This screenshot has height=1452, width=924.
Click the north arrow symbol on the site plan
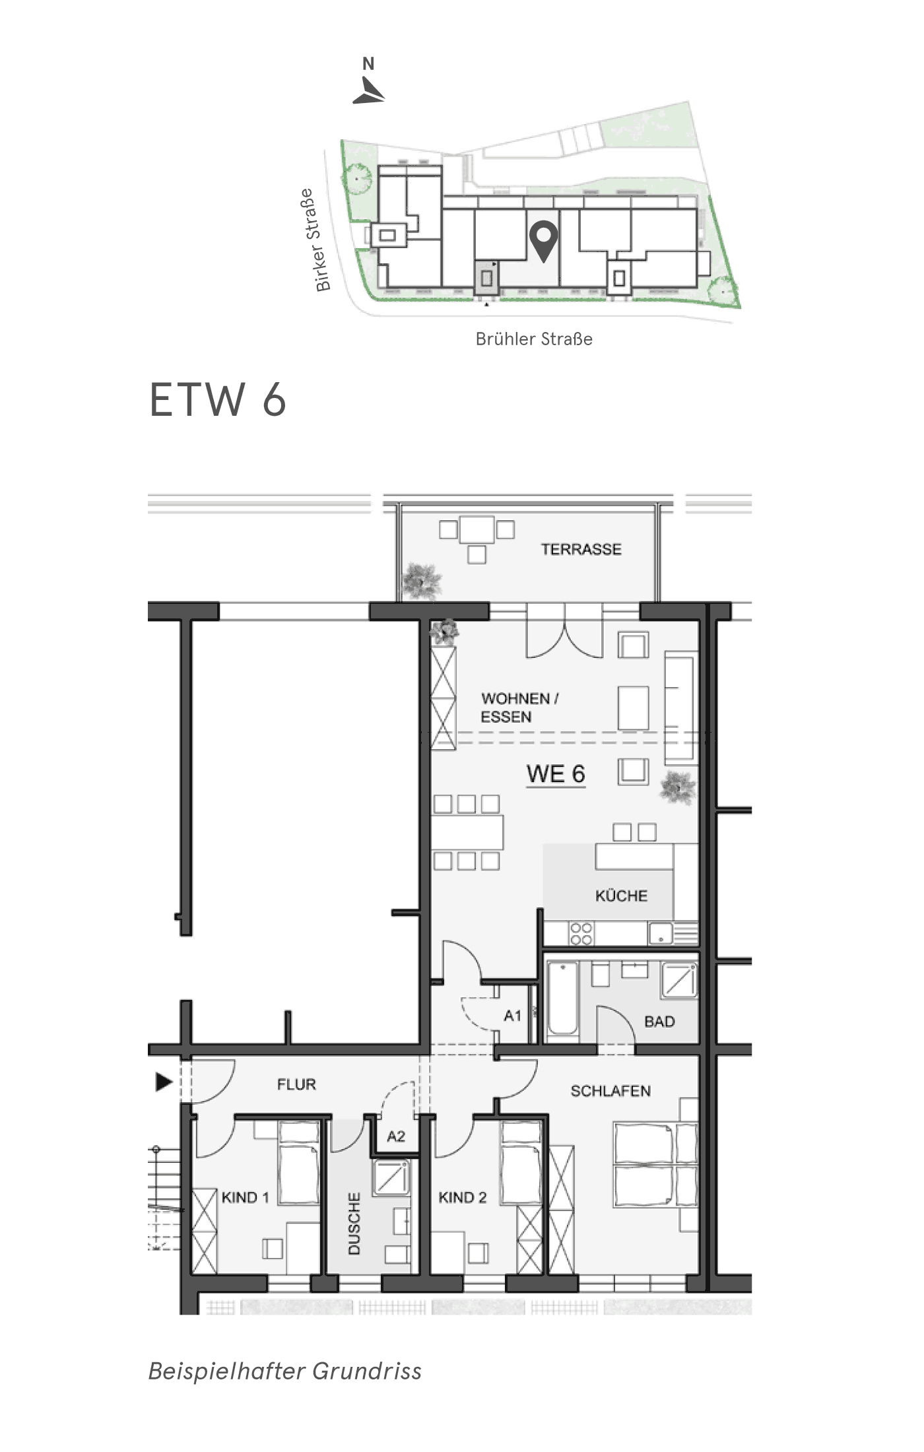click(x=369, y=90)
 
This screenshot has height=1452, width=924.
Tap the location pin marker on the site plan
click(x=544, y=242)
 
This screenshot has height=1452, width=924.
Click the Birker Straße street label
click(x=314, y=240)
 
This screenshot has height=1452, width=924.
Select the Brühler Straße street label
click(x=534, y=339)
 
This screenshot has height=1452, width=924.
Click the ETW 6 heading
click(x=218, y=399)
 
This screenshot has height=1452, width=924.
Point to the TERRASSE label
click(x=581, y=549)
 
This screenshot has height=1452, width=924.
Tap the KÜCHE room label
click(x=621, y=896)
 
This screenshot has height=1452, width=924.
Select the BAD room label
click(x=659, y=1022)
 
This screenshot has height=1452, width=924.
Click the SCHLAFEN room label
click(x=610, y=1091)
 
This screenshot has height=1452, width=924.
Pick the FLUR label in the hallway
click(x=296, y=1084)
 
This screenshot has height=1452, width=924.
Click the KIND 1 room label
click(x=246, y=1197)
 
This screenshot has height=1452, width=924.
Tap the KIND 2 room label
click(x=463, y=1197)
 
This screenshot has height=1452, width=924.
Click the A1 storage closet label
click(x=513, y=1016)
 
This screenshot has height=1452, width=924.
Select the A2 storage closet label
click(x=396, y=1136)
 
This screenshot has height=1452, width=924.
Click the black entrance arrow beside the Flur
click(x=164, y=1082)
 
